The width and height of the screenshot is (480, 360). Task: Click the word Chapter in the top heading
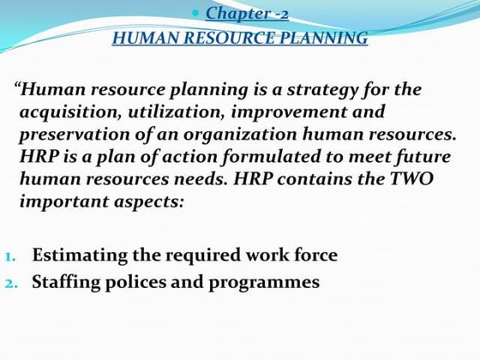[231, 13]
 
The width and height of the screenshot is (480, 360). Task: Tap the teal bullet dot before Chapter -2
[197, 14]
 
